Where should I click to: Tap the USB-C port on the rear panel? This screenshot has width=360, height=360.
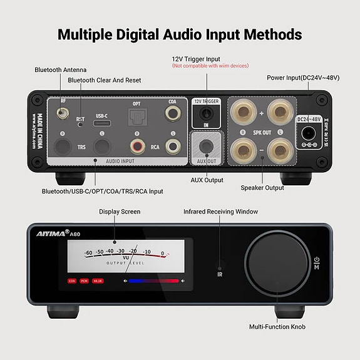pyautogui.click(x=102, y=122)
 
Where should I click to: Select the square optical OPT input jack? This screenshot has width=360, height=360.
pyautogui.click(x=136, y=116)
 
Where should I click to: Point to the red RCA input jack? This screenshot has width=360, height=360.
pyautogui.click(x=137, y=147)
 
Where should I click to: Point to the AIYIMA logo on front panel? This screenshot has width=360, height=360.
pyautogui.click(x=49, y=234)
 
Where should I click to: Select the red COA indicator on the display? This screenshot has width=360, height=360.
pyautogui.click(x=73, y=281)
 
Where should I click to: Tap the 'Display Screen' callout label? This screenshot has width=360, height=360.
pyautogui.click(x=120, y=212)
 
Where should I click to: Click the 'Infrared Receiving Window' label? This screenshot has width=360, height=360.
pyautogui.click(x=220, y=212)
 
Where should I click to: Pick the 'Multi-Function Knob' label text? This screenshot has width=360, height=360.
pyautogui.click(x=277, y=326)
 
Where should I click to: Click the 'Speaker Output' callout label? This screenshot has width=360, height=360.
pyautogui.click(x=262, y=187)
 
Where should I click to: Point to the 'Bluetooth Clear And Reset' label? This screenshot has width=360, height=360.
pyautogui.click(x=105, y=80)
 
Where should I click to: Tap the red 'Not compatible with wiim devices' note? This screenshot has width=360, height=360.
pyautogui.click(x=210, y=66)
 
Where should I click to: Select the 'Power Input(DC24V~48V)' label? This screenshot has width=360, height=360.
pyautogui.click(x=303, y=78)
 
